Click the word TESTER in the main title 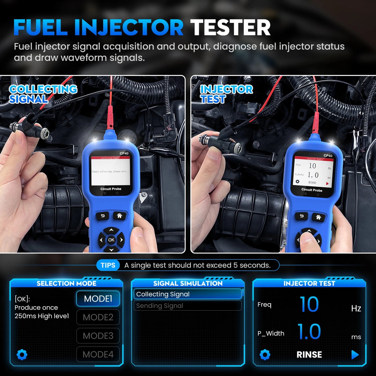[x=230, y=28]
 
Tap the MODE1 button [x=98, y=298]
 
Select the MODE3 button [x=98, y=336]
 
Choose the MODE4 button [x=98, y=354]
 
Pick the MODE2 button [x=98, y=317]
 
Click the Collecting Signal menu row [x=187, y=294]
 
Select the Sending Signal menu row [x=187, y=306]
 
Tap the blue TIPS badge [x=108, y=265]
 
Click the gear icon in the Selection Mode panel [x=22, y=355]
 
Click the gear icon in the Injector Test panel [x=265, y=355]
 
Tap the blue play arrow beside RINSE [x=355, y=355]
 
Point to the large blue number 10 [x=309, y=304]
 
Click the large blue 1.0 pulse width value [x=309, y=332]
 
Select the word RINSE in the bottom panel [x=309, y=355]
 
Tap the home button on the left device [x=119, y=216]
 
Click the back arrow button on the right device [x=302, y=216]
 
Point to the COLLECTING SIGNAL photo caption [x=43, y=94]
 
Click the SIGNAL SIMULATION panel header [x=188, y=283]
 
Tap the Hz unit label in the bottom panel [x=356, y=309]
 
